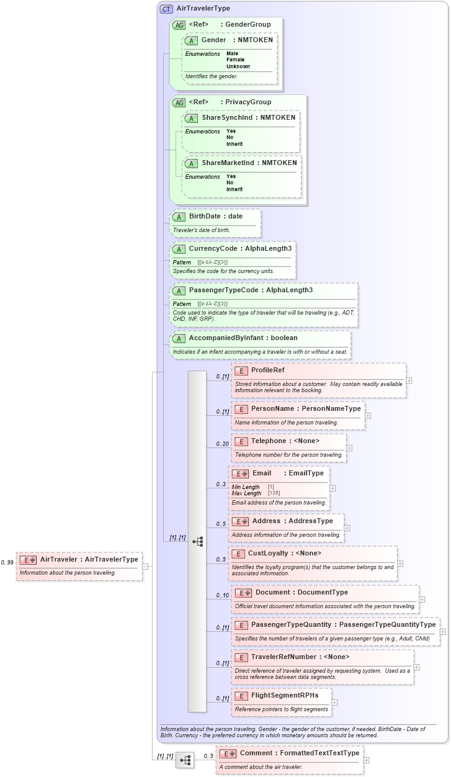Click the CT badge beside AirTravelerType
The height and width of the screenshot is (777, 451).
point(166,9)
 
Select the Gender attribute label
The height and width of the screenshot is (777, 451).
point(213,40)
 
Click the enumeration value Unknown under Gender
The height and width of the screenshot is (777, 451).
point(238,66)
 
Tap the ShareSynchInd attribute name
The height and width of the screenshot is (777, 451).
point(230,117)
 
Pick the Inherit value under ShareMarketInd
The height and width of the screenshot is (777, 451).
point(234,189)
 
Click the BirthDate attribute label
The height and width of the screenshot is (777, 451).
point(207,217)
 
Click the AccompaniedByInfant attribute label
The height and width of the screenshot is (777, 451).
point(226,338)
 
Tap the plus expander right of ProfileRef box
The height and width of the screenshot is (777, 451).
point(409,380)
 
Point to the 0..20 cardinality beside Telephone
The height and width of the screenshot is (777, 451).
point(222,444)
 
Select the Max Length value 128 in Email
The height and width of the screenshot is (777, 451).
point(274,493)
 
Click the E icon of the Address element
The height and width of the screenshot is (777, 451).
point(241,521)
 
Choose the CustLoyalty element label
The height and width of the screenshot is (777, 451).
point(268,553)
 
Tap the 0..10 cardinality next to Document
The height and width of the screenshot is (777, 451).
point(222,596)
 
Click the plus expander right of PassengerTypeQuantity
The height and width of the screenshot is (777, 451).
point(442,632)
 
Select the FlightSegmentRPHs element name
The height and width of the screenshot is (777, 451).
point(285,696)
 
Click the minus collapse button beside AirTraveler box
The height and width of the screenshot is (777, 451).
point(145,566)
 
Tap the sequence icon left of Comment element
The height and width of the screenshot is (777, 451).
point(185,760)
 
